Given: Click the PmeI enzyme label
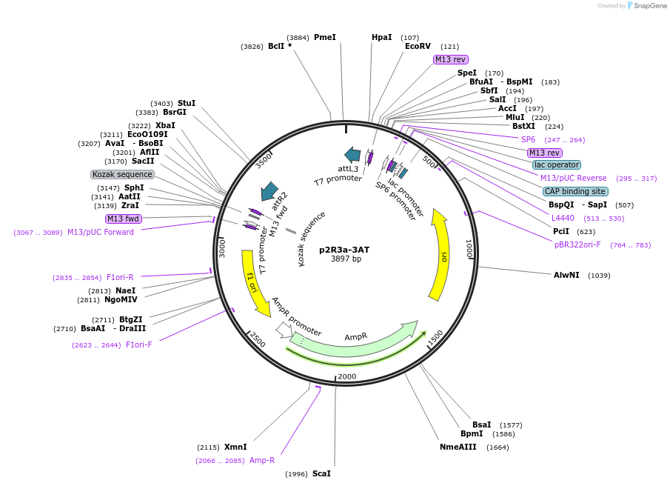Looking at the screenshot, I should pos(324,37).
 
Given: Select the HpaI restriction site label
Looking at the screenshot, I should pos(382,37).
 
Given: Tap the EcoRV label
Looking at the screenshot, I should pos(418,46).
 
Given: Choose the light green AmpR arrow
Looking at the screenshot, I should pos(355,339).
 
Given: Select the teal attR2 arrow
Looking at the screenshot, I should pos(268,191).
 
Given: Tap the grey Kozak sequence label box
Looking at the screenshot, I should pos(122,174).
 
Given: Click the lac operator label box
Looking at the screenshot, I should pos(556,164).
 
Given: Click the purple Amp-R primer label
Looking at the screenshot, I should pos(262,460).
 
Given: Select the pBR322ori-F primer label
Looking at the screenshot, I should pos(577,244).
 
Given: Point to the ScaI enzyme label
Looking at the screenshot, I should pos(321,473).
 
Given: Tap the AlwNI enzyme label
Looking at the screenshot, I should pos(566,275).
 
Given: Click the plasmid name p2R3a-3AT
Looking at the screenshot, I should pos(344,250).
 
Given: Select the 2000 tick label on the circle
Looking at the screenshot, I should pos(346,376).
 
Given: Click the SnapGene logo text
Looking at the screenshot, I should pos(650,6).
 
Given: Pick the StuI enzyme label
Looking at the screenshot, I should pos(187,103).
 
